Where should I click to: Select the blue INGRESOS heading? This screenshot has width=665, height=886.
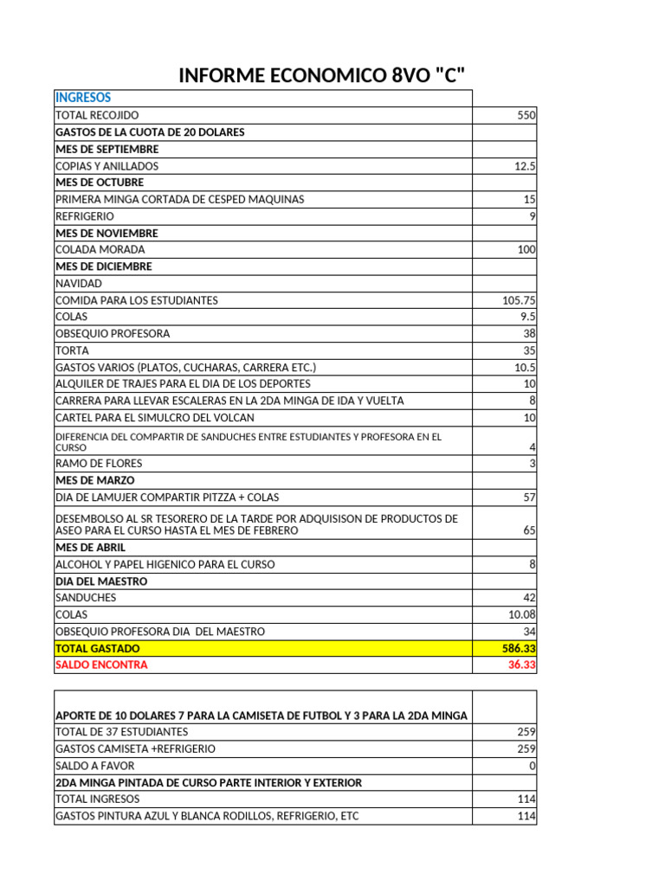pyautogui.click(x=83, y=98)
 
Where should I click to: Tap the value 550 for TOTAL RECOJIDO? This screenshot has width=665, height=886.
pyautogui.click(x=526, y=115)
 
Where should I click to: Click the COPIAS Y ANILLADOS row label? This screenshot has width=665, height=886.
pyautogui.click(x=107, y=166)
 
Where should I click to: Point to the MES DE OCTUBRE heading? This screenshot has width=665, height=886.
pyautogui.click(x=100, y=183)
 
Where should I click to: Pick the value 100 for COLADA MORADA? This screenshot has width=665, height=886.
pyautogui.click(x=526, y=250)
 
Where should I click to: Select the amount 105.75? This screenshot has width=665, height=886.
pyautogui.click(x=519, y=300)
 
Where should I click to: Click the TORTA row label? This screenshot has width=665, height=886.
pyautogui.click(x=72, y=350)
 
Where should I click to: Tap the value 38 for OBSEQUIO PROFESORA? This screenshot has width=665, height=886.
pyautogui.click(x=529, y=334)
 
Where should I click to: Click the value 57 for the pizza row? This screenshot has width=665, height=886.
pyautogui.click(x=529, y=498)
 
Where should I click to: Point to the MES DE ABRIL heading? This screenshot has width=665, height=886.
pyautogui.click(x=91, y=548)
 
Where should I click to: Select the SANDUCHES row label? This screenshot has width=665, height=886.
pyautogui.click(x=86, y=598)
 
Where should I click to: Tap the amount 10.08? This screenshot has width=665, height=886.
pyautogui.click(x=521, y=614)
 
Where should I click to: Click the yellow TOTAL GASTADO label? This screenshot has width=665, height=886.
pyautogui.click(x=98, y=648)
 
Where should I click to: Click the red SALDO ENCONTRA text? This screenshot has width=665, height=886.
pyautogui.click(x=101, y=664)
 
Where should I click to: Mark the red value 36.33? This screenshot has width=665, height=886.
pyautogui.click(x=521, y=664)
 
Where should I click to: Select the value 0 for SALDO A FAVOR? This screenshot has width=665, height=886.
pyautogui.click(x=533, y=766)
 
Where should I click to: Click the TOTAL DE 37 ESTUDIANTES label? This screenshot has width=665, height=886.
pyautogui.click(x=121, y=732)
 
